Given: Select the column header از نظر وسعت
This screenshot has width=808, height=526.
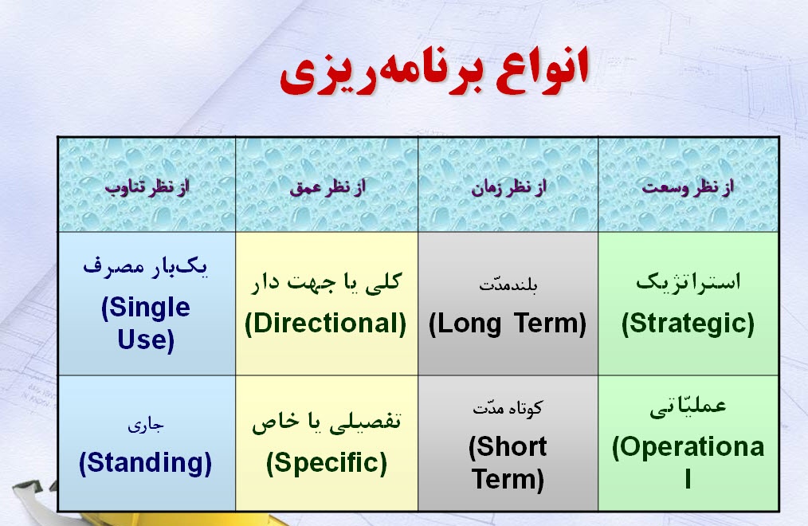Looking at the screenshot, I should coord(688,187).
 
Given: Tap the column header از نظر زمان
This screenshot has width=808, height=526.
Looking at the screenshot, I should coord(508,187).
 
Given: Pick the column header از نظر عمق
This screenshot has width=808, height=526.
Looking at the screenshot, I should coord(327,187).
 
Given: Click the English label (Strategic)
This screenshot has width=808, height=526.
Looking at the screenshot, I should coord(688,323).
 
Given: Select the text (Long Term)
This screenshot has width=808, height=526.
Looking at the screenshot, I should coord(508,324).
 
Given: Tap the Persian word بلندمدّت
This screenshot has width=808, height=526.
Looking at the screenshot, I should coord(508,285).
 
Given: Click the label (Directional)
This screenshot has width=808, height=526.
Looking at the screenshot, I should coord(326,323).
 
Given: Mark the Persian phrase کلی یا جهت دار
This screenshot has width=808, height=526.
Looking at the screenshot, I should coord(328,282).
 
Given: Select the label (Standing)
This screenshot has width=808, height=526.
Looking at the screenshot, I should coord(146,463).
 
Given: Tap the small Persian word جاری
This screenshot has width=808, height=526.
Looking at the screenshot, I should coord(145,425).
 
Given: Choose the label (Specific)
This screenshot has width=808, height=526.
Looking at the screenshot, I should coord(327,462).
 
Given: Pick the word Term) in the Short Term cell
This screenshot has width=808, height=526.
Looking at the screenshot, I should coord(508,479).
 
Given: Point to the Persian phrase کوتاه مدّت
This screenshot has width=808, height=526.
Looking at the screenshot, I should coord(508,408).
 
